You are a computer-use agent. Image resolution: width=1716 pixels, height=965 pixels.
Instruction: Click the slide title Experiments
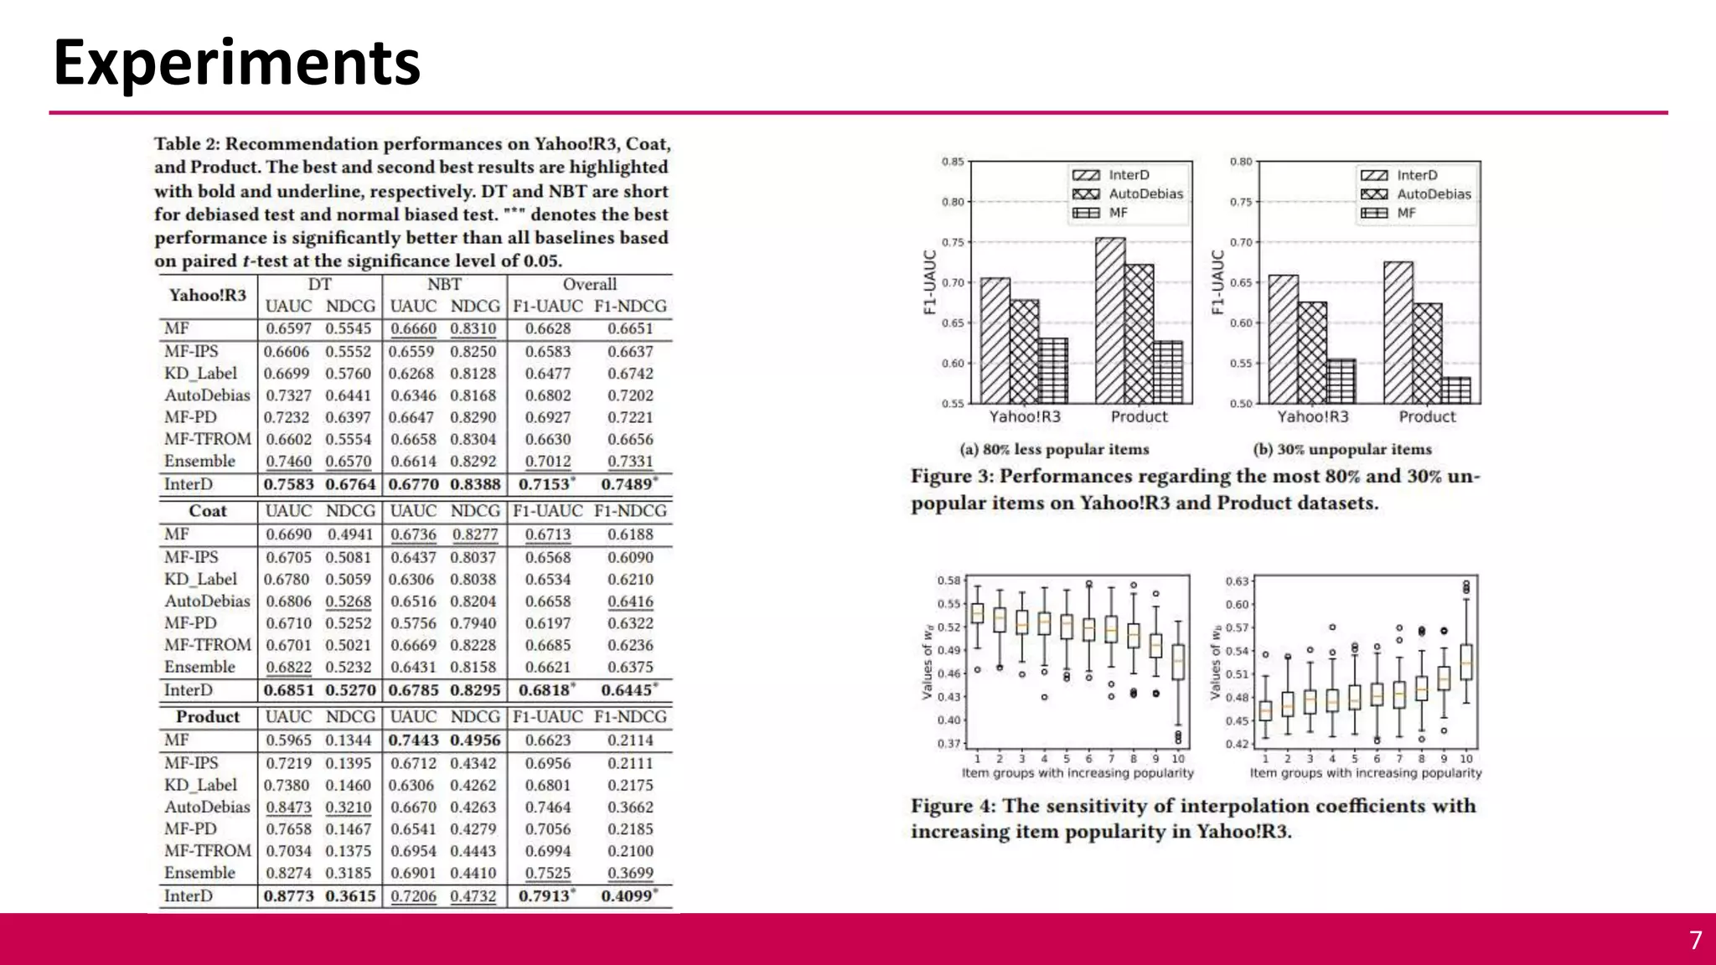[236, 63]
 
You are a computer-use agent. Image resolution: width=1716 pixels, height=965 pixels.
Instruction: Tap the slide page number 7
[1695, 940]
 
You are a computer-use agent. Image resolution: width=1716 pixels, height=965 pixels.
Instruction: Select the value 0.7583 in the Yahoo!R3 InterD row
[288, 484]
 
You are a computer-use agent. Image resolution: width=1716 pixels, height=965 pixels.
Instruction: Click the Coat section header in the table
[207, 511]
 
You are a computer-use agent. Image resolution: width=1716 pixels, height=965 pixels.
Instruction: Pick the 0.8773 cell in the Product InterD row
[288, 895]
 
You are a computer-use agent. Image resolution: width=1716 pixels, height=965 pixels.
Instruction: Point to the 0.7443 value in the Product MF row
[413, 741]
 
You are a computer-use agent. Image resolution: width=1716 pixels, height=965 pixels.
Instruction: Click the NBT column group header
[444, 284]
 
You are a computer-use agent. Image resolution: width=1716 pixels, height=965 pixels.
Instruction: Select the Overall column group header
[589, 284]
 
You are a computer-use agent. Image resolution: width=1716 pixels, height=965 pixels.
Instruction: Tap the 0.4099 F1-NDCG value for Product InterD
[627, 895]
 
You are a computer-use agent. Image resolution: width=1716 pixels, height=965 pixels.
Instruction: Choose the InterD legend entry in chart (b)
[1416, 175]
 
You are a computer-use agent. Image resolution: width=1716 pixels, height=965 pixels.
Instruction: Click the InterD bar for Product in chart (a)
[1110, 320]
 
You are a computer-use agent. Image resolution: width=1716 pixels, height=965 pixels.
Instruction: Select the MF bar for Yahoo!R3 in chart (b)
[1341, 381]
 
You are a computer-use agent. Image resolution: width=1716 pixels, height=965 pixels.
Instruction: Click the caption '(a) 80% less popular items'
[1054, 449]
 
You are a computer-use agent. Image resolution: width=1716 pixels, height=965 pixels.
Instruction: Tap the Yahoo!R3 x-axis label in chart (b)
[1313, 417]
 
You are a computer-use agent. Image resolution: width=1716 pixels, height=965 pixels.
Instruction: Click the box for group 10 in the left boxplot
[1178, 662]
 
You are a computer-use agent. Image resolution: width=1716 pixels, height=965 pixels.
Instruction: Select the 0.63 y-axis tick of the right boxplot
[1237, 581]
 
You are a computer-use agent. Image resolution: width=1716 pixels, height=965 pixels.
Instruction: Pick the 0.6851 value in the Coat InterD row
[288, 690]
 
